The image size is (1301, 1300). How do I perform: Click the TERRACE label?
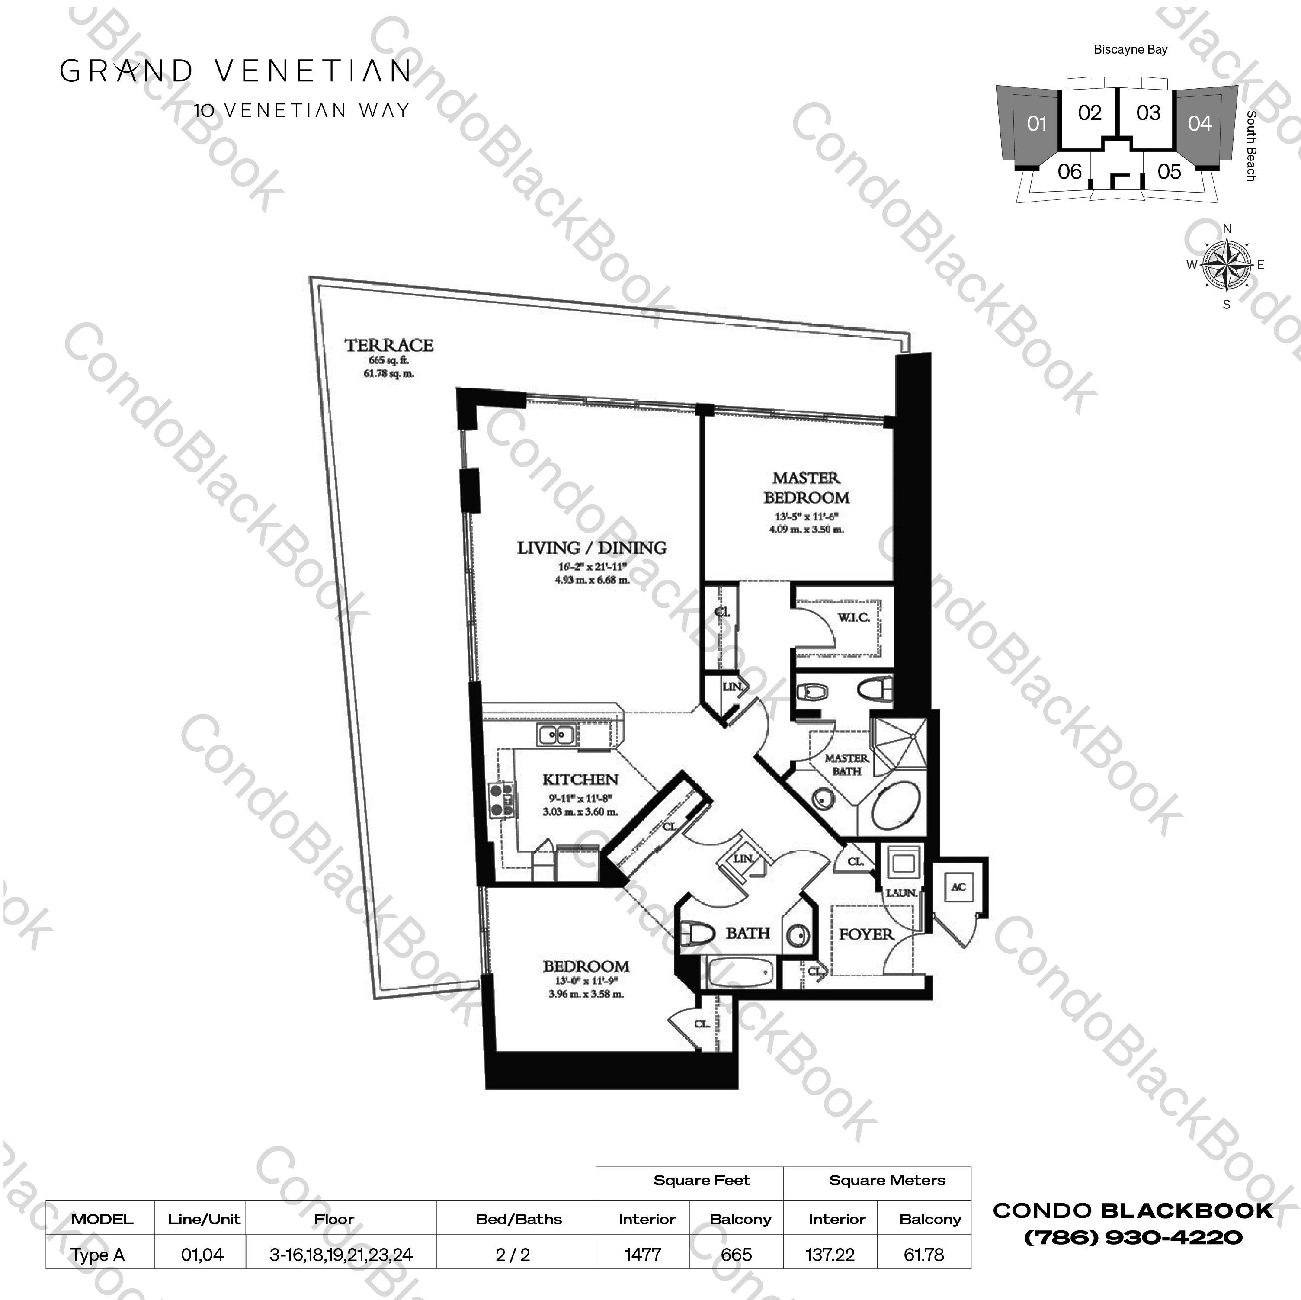388,346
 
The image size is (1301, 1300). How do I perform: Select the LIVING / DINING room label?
591,548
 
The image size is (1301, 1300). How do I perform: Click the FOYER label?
866,935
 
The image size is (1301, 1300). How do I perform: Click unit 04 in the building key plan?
1199,124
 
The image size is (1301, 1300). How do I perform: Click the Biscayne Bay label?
1130,50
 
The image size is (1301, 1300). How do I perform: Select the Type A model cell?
98,1255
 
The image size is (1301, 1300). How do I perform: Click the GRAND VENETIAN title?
236,71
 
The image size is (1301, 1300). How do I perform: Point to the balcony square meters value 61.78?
924,1255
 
